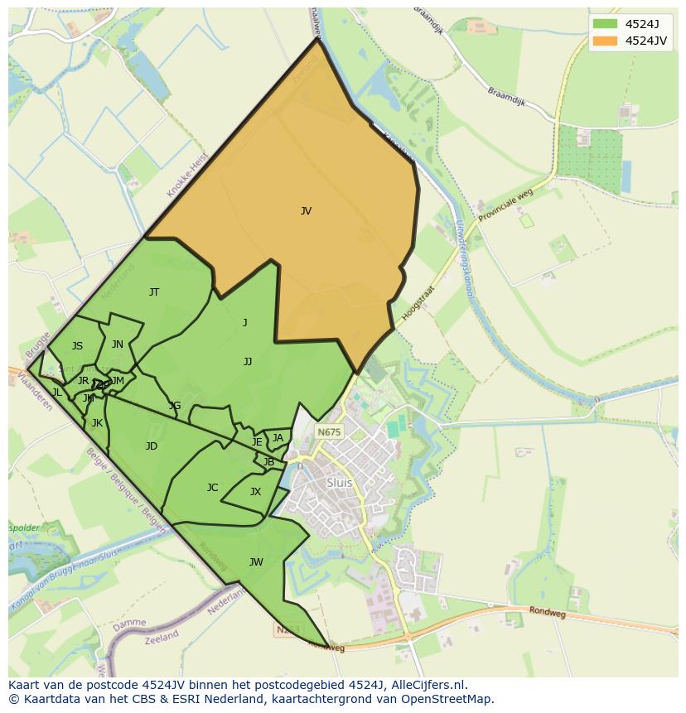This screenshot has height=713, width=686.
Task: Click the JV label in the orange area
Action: [306, 211]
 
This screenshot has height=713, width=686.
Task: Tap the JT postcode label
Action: [154, 292]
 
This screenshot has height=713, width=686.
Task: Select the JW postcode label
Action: [256, 562]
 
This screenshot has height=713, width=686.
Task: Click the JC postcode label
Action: [212, 488]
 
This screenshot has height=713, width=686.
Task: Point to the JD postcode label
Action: [151, 446]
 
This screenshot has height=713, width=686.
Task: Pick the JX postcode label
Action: [255, 492]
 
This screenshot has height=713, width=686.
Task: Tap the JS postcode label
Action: [77, 346]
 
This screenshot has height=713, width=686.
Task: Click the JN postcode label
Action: [118, 344]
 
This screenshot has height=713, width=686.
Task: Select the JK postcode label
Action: [97, 423]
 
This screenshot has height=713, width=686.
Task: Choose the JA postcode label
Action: [278, 438]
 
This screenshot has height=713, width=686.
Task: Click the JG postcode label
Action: [174, 406]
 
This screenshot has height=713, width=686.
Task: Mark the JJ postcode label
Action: [248, 362]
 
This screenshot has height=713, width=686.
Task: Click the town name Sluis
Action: [340, 483]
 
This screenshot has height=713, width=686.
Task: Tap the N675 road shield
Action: [329, 432]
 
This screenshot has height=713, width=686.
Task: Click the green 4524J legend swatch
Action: [606, 23]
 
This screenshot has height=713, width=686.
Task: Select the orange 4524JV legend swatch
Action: [606, 41]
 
